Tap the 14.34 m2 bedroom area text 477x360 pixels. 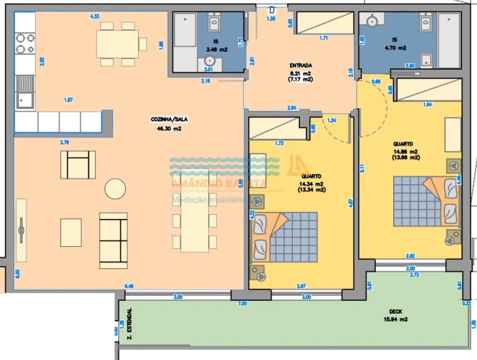tap(312, 183)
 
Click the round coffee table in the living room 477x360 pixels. tap(114, 189)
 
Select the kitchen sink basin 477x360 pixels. tap(25, 100)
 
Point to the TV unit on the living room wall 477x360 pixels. tap(21, 227)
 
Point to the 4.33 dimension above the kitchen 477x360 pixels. tap(95, 16)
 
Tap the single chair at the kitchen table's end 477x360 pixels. tap(143, 45)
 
